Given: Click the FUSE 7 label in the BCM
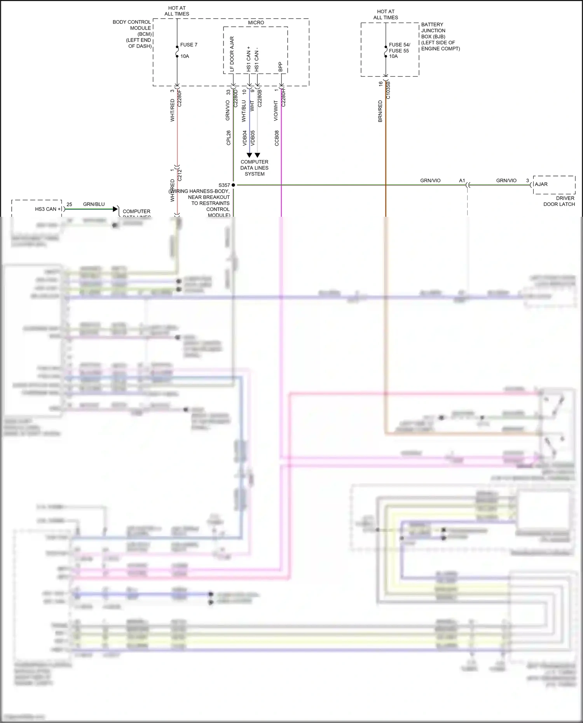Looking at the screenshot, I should pos(189,45).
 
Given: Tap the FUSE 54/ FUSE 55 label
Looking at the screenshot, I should pos(399,48).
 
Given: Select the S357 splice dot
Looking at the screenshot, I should pos(233,185).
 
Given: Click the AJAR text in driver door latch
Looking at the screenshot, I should pos(541,184).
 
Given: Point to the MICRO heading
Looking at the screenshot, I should pos(256,23).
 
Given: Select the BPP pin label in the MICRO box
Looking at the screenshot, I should pos(280,67).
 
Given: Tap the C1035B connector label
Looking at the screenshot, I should pos(388,90).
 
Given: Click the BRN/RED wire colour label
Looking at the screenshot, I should pos(380,111).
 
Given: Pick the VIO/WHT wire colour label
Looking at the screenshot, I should pos(276,111).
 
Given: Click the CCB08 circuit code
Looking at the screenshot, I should pos(277,138).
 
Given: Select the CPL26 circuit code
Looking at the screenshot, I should pos(229,138).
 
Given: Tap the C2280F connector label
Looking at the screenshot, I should pos(179,99).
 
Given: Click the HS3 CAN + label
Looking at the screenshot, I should pos(48,209).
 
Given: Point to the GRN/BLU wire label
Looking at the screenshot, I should pos(94,204).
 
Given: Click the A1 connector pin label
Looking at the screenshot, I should pos(462,181).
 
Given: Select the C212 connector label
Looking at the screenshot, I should pos(180,175).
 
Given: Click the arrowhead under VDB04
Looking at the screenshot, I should pos(249,155).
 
